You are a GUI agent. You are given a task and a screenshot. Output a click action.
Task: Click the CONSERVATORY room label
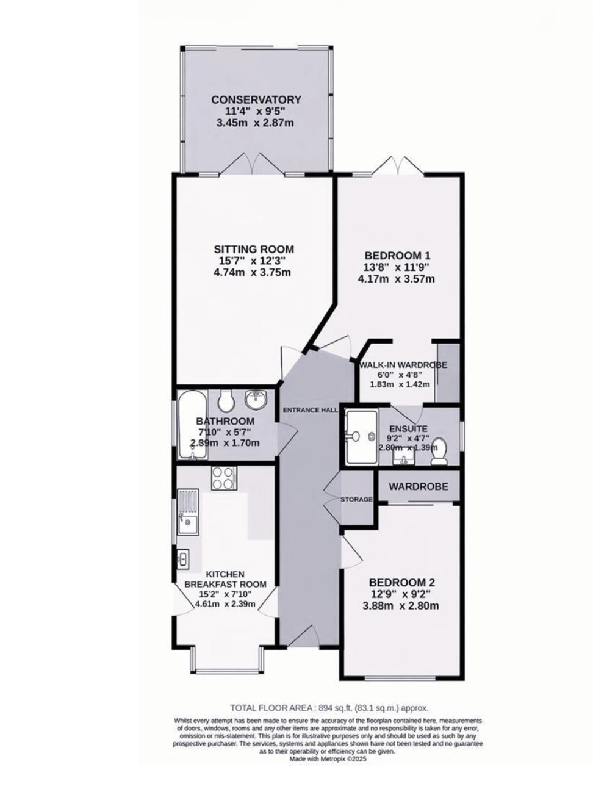(x=256, y=99)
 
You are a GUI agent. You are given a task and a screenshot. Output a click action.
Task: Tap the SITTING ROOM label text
(x=254, y=249)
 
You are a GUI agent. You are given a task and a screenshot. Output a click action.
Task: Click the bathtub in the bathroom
(x=193, y=426)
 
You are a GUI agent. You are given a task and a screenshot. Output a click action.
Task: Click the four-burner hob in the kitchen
(x=224, y=478)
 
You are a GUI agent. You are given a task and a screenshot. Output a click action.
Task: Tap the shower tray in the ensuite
(x=361, y=437)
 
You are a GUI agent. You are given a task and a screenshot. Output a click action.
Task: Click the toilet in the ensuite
(x=439, y=452)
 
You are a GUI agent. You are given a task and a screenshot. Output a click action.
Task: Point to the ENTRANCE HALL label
(x=311, y=410)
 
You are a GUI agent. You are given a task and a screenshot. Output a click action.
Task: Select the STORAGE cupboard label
(x=356, y=499)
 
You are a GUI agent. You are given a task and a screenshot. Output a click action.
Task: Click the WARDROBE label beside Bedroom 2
(x=419, y=486)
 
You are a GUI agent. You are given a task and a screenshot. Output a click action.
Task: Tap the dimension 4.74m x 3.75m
(x=253, y=272)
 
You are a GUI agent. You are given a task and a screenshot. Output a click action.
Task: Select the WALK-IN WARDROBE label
(x=403, y=365)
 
